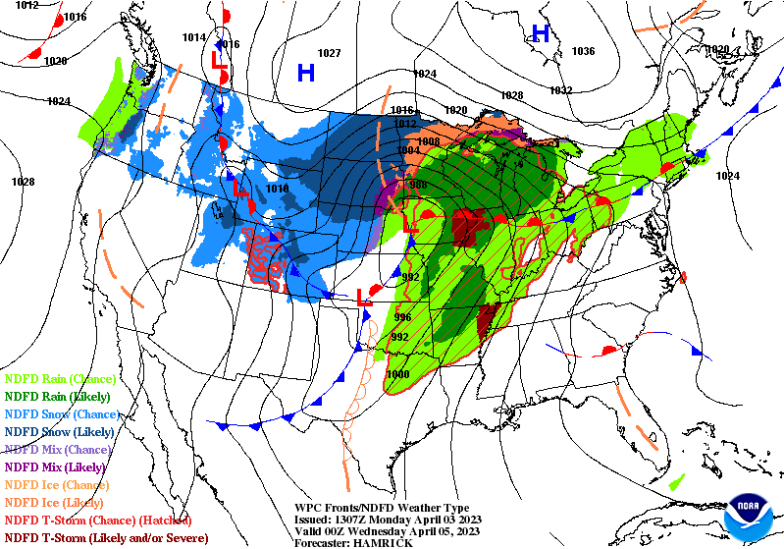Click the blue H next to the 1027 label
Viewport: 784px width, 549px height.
click(306, 72)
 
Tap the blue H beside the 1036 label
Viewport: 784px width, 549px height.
click(540, 33)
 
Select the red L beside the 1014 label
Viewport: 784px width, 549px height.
click(220, 60)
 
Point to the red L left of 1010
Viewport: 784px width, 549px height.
click(238, 185)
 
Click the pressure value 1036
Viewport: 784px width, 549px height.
click(583, 51)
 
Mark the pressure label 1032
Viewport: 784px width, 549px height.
click(560, 90)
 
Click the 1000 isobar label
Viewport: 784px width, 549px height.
click(398, 374)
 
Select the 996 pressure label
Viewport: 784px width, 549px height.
click(402, 317)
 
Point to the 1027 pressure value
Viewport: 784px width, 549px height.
click(329, 53)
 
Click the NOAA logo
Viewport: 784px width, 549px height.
click(751, 516)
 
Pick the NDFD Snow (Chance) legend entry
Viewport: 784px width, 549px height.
click(60, 413)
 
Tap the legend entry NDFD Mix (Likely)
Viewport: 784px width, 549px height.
click(55, 467)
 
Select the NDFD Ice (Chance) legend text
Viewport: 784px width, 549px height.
click(56, 484)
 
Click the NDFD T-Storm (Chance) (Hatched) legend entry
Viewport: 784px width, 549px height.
click(98, 520)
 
